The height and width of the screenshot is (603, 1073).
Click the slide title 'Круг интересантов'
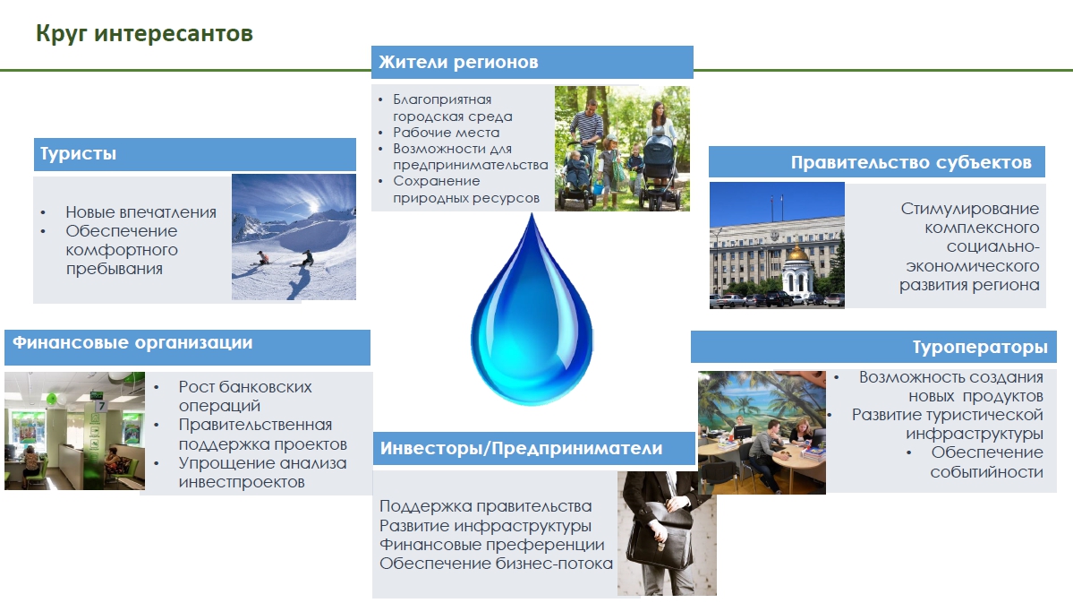click(144, 33)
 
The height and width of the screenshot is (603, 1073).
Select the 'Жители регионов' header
click(458, 62)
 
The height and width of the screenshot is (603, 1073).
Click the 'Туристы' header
click(78, 153)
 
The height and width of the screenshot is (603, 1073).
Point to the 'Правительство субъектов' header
click(911, 162)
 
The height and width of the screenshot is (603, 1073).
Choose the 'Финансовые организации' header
click(132, 342)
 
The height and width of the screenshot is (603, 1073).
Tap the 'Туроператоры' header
click(979, 348)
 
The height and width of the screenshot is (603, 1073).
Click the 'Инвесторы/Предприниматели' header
click(521, 448)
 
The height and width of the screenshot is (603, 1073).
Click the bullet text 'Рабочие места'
click(447, 133)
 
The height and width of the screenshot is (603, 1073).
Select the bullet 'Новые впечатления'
click(141, 212)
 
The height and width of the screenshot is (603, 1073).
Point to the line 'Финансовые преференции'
click(492, 545)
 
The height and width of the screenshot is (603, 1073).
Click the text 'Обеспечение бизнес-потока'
click(496, 564)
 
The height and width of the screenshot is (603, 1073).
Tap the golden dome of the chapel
click(796, 254)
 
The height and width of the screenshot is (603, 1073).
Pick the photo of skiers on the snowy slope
click(294, 237)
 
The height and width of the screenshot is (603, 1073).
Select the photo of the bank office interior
click(74, 431)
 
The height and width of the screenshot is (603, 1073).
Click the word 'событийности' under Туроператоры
click(986, 471)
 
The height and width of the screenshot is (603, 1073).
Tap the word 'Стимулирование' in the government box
click(970, 208)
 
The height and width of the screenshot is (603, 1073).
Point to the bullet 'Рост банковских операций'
click(245, 396)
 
